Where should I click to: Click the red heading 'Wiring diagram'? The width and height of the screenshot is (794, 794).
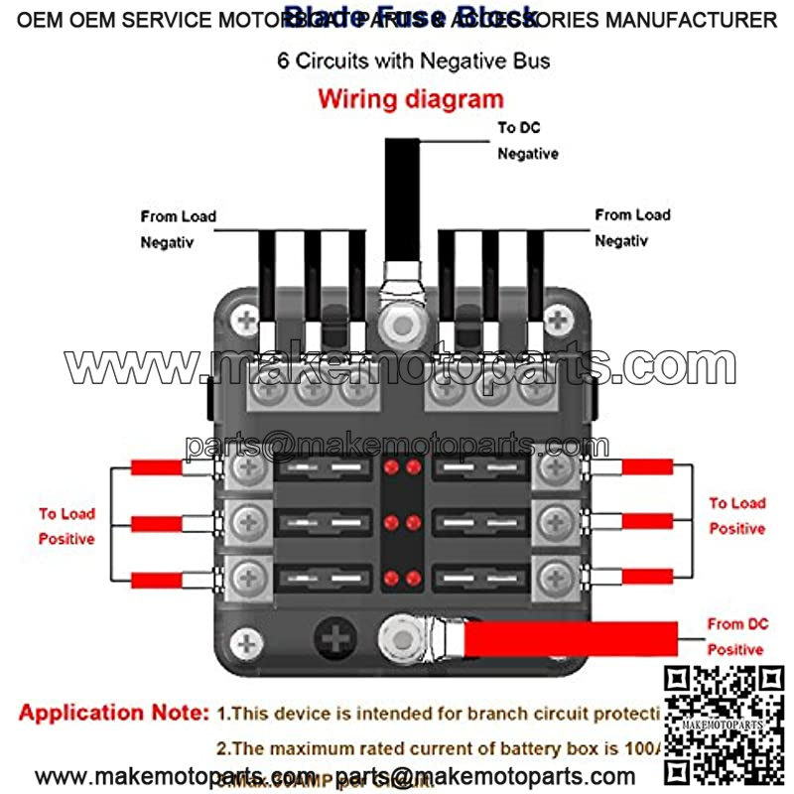[410, 99]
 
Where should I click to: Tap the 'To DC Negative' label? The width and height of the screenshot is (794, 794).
[527, 141]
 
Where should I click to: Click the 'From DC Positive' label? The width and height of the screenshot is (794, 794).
[736, 636]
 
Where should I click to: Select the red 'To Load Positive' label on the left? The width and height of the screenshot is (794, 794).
[66, 526]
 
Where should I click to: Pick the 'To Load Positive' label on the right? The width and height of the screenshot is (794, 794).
[736, 516]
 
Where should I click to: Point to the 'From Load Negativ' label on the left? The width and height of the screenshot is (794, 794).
[178, 228]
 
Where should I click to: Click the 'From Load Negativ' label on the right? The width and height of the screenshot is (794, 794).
[632, 227]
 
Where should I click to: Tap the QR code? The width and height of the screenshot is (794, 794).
[723, 726]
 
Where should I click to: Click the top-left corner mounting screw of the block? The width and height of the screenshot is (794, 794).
[245, 321]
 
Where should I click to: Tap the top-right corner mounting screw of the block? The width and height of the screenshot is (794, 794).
[560, 321]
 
